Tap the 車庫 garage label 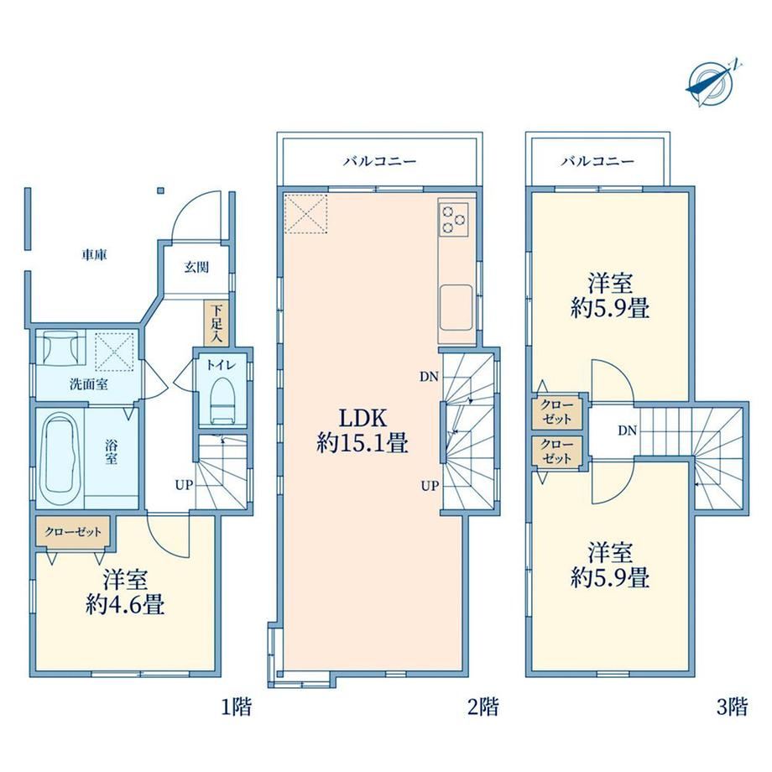tap(95, 255)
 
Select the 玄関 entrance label tap(196, 268)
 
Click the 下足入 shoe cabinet tap(216, 323)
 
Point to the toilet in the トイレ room tap(222, 400)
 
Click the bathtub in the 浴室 tap(60, 457)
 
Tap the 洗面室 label tap(89, 384)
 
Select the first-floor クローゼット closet tap(73, 532)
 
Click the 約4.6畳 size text tap(125, 605)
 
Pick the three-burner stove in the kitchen tap(454, 219)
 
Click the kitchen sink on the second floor tap(456, 308)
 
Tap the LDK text tap(363, 419)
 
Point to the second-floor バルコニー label tap(380, 161)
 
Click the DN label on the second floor tap(429, 377)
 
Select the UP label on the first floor tap(184, 486)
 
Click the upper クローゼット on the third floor tap(557, 412)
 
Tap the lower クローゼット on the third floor tap(557, 451)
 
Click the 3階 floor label tap(732, 707)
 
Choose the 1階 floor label tap(235, 707)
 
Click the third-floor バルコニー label tap(597, 161)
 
